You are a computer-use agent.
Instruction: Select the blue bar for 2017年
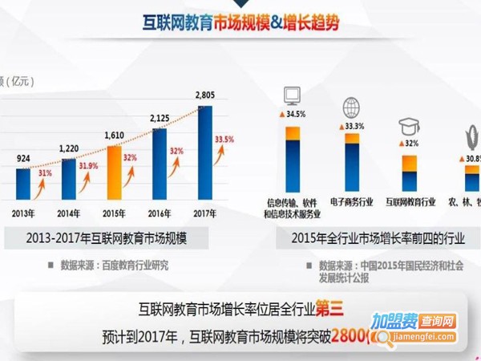204,152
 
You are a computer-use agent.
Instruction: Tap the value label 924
22,159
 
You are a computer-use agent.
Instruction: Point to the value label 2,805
205,97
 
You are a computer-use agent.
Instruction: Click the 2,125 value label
160,119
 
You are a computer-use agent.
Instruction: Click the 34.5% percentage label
294,116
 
